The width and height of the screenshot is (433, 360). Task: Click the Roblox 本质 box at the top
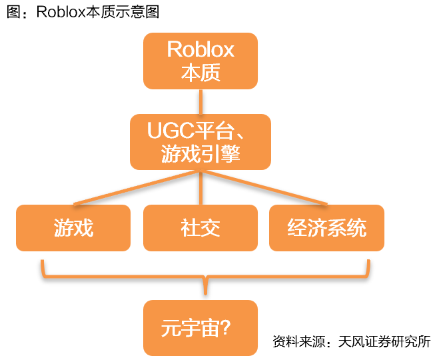(x=201, y=61)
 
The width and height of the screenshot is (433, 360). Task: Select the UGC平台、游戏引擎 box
(x=201, y=141)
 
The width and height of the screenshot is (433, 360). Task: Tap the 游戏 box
(x=73, y=228)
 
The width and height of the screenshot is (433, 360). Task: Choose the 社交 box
(x=201, y=228)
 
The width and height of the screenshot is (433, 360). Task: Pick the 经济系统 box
(x=326, y=228)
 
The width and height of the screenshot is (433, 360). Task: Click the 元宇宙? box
(x=201, y=327)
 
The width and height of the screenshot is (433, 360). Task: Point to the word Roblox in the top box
(x=201, y=50)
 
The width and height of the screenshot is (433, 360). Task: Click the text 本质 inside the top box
(x=201, y=72)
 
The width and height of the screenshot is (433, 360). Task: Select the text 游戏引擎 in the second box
(x=201, y=153)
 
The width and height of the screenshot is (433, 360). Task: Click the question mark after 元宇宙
(x=224, y=328)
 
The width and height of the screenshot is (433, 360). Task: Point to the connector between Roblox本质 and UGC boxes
(x=201, y=101)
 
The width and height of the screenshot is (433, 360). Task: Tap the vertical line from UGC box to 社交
(x=201, y=188)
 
